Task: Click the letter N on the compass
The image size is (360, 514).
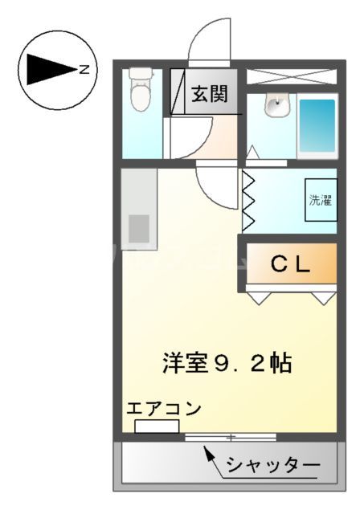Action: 84,70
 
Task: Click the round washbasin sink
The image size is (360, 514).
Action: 276,103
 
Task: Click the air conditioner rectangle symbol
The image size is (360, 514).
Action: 157,426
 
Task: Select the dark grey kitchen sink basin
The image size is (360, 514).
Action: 139,228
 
